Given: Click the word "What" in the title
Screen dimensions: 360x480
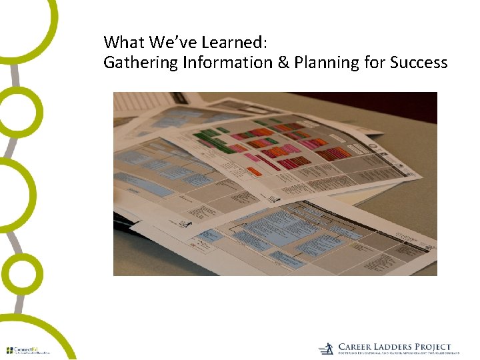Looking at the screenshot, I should click(x=124, y=43).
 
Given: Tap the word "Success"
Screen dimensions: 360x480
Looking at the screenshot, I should click(x=419, y=63).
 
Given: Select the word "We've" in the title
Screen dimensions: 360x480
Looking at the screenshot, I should click(x=171, y=43).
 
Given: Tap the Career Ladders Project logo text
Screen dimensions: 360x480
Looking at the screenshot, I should click(x=394, y=347).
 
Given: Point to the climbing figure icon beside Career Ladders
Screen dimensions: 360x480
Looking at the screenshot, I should click(x=326, y=349).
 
